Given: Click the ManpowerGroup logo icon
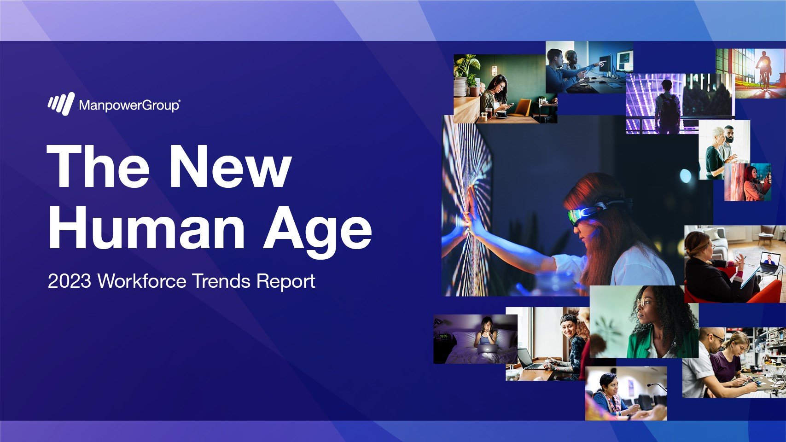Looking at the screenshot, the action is (x=61, y=104).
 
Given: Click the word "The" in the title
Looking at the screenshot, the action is (x=98, y=166).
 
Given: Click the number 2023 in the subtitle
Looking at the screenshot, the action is (x=70, y=281).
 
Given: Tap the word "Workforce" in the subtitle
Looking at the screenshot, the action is (x=142, y=281).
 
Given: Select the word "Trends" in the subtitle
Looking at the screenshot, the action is (x=221, y=281).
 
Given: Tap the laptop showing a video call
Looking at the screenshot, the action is (x=770, y=262).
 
